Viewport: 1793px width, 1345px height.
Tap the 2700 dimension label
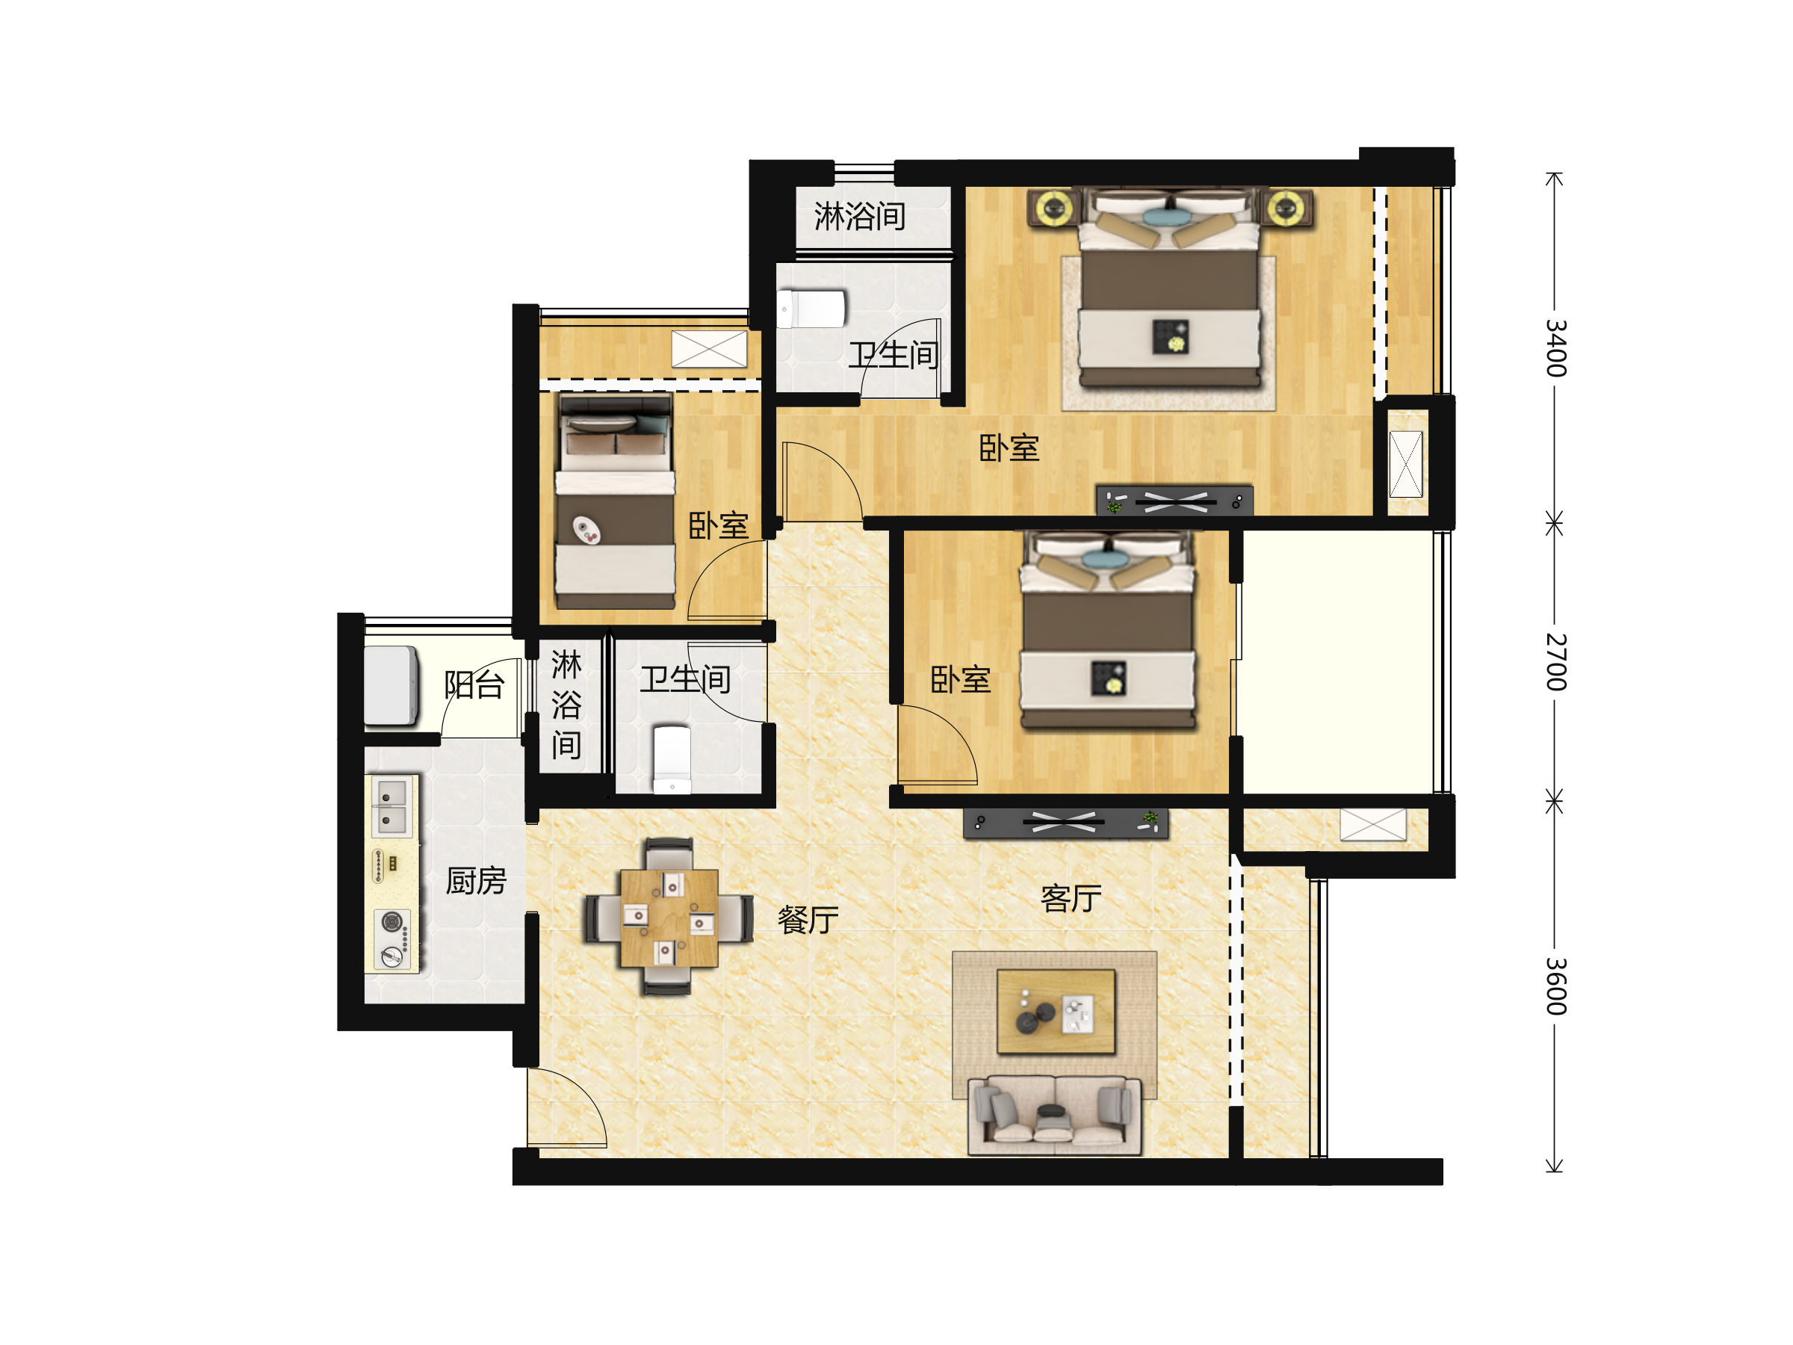click(x=1555, y=661)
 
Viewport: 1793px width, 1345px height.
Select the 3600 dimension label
click(x=1555, y=986)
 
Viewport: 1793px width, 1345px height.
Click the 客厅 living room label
click(x=1071, y=898)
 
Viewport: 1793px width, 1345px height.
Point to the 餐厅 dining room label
click(x=808, y=919)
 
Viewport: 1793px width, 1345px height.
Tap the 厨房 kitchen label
click(x=476, y=880)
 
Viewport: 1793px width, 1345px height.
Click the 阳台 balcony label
click(x=474, y=684)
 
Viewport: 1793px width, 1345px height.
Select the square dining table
click(x=669, y=918)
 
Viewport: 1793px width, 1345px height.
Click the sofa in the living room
click(x=1055, y=1116)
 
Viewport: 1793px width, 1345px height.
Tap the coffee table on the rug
click(x=1056, y=1011)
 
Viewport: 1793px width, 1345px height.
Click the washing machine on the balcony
click(x=391, y=685)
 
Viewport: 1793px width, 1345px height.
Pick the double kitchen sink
click(x=392, y=807)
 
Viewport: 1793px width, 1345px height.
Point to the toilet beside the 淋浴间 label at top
click(x=811, y=309)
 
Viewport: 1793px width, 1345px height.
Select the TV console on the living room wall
click(x=1066, y=822)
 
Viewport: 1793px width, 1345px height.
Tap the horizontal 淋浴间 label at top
click(x=859, y=217)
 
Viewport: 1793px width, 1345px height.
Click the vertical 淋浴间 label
click(x=566, y=704)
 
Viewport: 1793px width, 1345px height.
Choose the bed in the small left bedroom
click(x=616, y=500)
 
